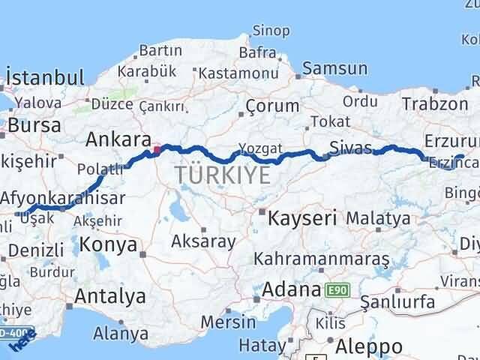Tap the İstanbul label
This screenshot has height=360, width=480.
pyautogui.click(x=44, y=77)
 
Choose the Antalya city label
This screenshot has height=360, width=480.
pyautogui.click(x=109, y=296)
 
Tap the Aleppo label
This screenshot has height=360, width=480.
pyautogui.click(x=368, y=346)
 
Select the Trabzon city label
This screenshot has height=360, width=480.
pyautogui.click(x=434, y=104)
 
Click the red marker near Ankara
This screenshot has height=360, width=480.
pyautogui.click(x=157, y=149)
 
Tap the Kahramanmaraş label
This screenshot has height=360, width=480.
pyautogui.click(x=322, y=259)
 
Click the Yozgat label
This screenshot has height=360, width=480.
pyautogui.click(x=260, y=148)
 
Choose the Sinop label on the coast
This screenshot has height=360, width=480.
pyautogui.click(x=271, y=31)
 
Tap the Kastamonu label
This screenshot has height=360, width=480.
pyautogui.click(x=229, y=73)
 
